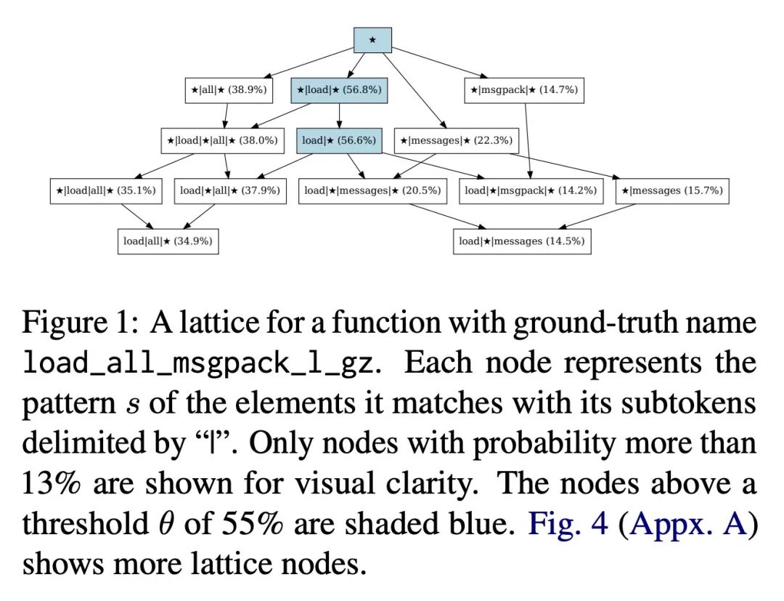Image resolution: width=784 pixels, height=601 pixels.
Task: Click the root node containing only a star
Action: click(372, 40)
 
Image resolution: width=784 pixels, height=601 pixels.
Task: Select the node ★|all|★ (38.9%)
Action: click(229, 90)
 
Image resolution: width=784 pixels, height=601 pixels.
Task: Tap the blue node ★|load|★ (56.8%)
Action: click(339, 90)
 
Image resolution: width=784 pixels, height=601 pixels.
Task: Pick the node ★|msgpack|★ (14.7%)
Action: click(524, 90)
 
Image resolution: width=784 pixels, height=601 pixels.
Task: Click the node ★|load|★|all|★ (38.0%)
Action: click(223, 140)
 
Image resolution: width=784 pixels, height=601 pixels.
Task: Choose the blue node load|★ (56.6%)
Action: click(339, 140)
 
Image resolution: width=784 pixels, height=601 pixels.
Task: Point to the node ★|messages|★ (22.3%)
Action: click(457, 140)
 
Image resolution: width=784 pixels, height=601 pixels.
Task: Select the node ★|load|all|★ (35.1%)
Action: click(106, 190)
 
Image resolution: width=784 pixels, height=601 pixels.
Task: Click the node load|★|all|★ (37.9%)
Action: click(230, 190)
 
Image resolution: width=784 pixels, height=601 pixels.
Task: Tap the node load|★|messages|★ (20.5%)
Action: click(372, 190)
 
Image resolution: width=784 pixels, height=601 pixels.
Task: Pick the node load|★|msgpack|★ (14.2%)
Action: click(531, 190)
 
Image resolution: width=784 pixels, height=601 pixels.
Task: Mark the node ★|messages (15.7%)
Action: click(672, 190)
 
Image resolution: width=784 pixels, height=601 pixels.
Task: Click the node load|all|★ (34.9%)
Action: click(168, 241)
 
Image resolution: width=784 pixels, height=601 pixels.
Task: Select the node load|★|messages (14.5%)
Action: click(522, 241)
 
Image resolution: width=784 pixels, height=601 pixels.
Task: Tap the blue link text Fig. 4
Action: click(568, 523)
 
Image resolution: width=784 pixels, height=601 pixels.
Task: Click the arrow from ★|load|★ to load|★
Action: click(340, 116)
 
